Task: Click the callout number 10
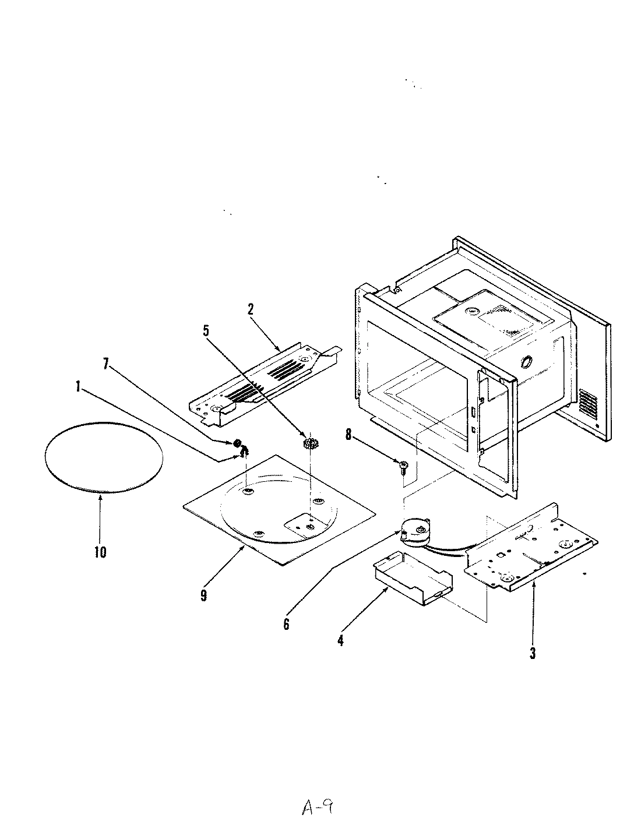click(100, 552)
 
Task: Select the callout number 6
click(286, 623)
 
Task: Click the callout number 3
click(532, 653)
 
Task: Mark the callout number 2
click(251, 309)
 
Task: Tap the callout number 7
click(105, 364)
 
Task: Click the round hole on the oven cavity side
click(524, 362)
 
